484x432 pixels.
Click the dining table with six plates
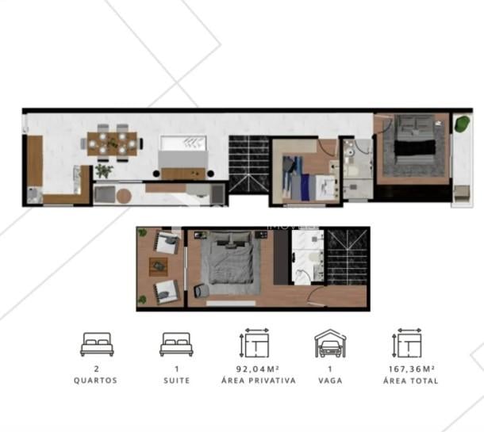coord(112,143)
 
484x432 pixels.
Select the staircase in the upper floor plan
coord(249,164)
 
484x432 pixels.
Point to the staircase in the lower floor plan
coord(348,258)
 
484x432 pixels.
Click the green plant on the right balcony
coord(463,124)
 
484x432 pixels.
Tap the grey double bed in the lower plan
coord(230,258)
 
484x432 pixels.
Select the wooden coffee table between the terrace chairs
coord(159,266)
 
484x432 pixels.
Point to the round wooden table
coord(124,196)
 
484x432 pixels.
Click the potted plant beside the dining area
coord(104,170)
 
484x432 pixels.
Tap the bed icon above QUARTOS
coord(97,345)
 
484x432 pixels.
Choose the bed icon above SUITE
coord(176,345)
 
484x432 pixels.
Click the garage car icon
coord(330,343)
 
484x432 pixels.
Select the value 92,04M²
coord(258,369)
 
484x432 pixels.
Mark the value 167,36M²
coord(412,369)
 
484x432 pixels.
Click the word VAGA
coord(330,380)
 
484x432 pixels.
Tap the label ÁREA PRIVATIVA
coord(259,380)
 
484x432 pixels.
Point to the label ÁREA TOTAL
coord(411,380)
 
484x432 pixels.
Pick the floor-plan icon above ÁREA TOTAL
coord(407,343)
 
